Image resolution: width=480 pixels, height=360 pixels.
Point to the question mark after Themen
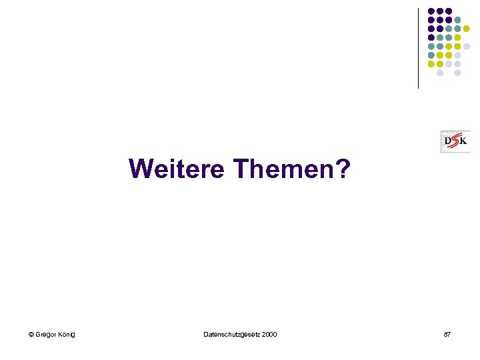tap(341, 169)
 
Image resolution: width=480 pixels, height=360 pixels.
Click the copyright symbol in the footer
tap(31, 334)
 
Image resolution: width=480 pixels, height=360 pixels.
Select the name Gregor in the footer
tap(47, 334)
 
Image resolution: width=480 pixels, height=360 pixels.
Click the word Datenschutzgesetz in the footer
tap(231, 334)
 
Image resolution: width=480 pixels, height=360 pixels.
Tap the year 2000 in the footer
tap(269, 334)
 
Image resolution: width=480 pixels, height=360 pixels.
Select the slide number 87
tap(447, 334)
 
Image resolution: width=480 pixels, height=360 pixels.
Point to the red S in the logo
tap(456, 141)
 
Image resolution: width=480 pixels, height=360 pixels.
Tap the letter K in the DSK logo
tap(463, 141)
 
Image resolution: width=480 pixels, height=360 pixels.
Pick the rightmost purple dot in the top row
tap(449, 11)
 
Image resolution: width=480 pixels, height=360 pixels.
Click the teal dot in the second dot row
tap(457, 20)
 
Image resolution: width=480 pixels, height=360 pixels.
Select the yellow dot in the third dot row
tap(467, 29)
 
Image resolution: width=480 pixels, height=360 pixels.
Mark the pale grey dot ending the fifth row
tap(467, 47)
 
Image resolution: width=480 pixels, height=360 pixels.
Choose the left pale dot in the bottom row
tap(440, 73)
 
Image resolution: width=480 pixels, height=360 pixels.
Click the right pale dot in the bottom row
tap(457, 73)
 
